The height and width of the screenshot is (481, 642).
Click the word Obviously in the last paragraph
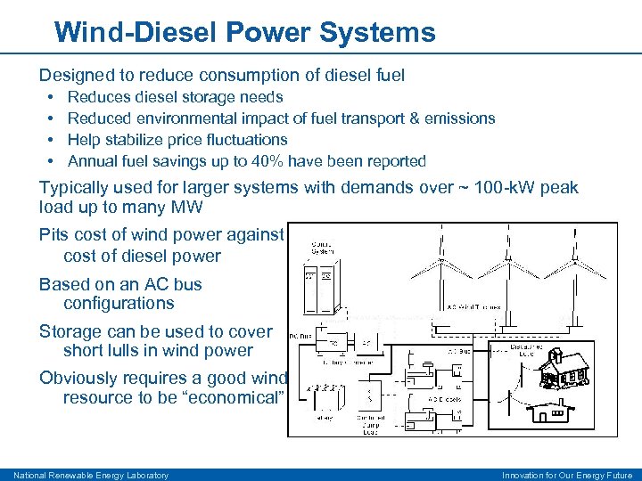(x=77, y=378)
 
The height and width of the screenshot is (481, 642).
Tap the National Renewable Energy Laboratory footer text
(x=90, y=475)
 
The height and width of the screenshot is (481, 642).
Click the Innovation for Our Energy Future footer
(x=566, y=475)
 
